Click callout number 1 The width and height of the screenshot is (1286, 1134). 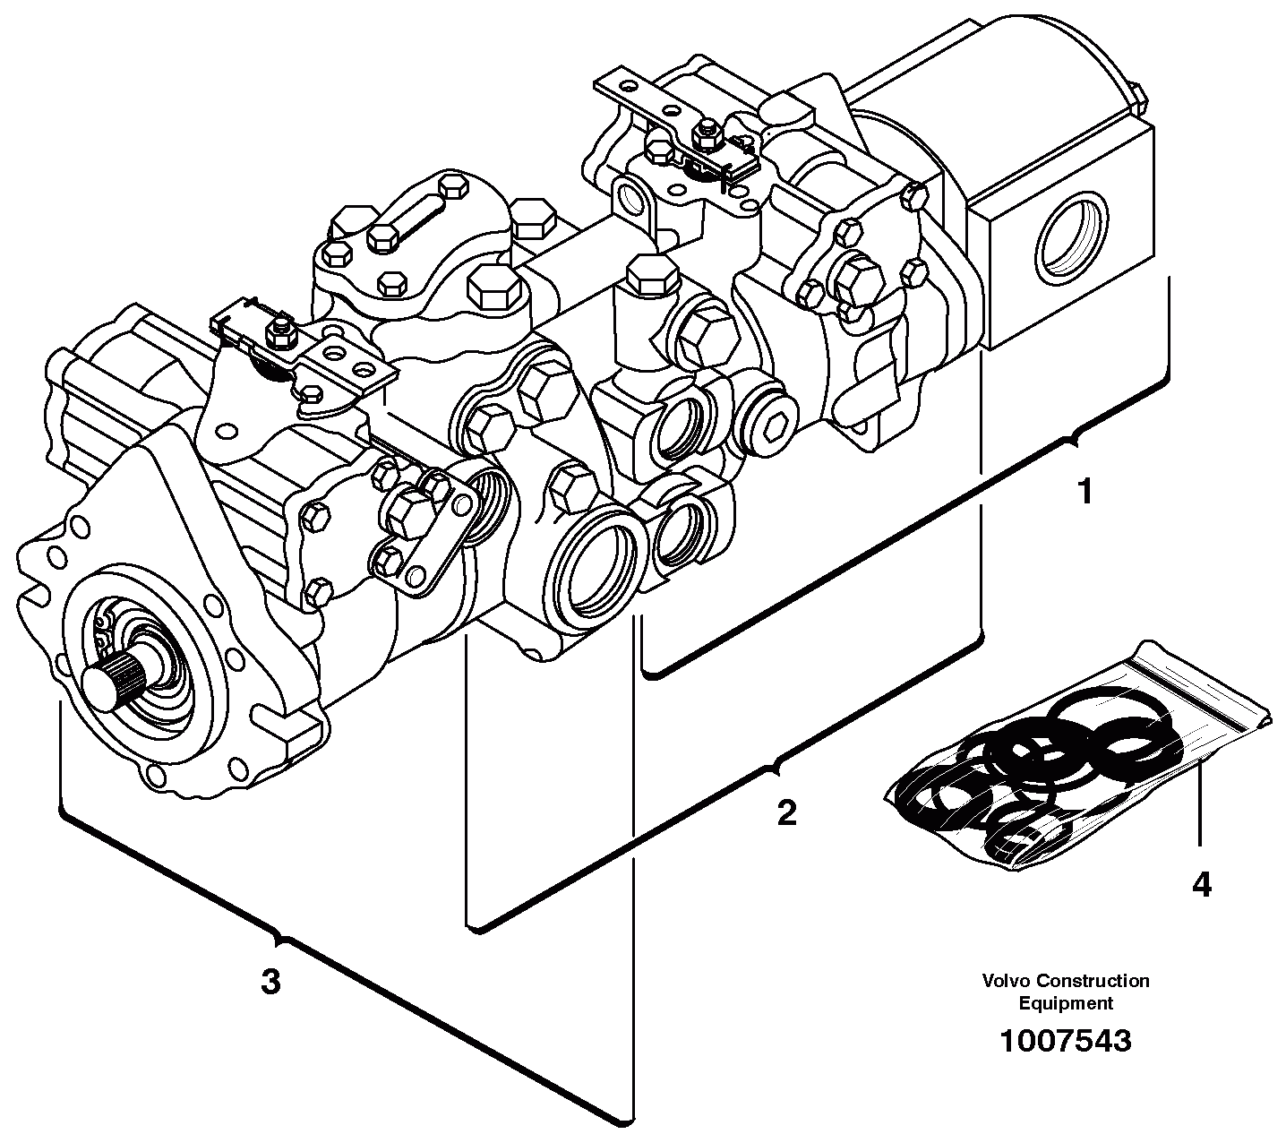1085,492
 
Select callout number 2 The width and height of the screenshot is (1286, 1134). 785,813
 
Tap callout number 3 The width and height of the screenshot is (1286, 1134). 270,982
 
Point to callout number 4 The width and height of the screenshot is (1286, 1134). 1201,884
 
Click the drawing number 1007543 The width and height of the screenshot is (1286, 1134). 1065,1041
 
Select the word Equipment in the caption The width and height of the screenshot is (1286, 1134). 1066,1003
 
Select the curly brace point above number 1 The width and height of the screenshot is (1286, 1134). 1070,439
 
